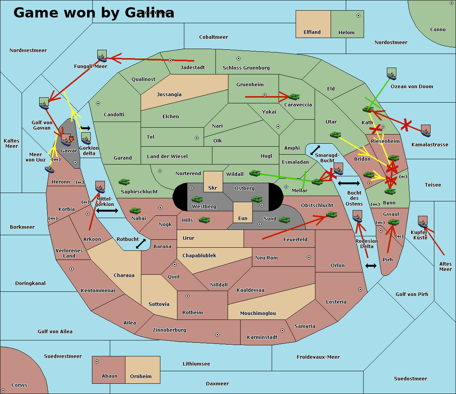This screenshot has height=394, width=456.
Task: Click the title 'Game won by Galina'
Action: click(x=93, y=13)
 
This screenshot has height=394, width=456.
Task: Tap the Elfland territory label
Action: click(x=312, y=32)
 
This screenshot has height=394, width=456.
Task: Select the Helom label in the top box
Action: click(x=346, y=33)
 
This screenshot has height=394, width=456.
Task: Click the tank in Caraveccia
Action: click(x=294, y=97)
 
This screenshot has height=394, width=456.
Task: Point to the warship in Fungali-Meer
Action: click(x=102, y=56)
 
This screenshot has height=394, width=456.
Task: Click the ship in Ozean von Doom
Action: click(x=391, y=74)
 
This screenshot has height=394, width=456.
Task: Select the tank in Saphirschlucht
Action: click(x=124, y=182)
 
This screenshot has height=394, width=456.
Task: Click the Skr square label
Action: click(x=213, y=188)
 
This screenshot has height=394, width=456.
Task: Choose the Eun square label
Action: click(x=242, y=218)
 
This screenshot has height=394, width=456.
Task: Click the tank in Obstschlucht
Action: click(x=331, y=215)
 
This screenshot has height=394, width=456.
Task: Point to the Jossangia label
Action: click(x=169, y=95)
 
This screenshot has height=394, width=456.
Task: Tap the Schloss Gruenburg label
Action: click(x=246, y=68)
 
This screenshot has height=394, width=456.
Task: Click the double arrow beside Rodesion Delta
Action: click(x=371, y=266)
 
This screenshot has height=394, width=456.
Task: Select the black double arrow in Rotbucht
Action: click(x=141, y=244)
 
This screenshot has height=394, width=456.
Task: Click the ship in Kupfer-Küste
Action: click(x=423, y=222)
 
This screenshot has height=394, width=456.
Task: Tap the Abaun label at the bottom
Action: click(x=109, y=376)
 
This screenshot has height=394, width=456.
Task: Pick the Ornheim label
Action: click(x=141, y=377)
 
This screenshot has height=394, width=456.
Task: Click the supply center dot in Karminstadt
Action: click(x=282, y=331)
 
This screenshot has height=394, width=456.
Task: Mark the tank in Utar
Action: click(x=335, y=135)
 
